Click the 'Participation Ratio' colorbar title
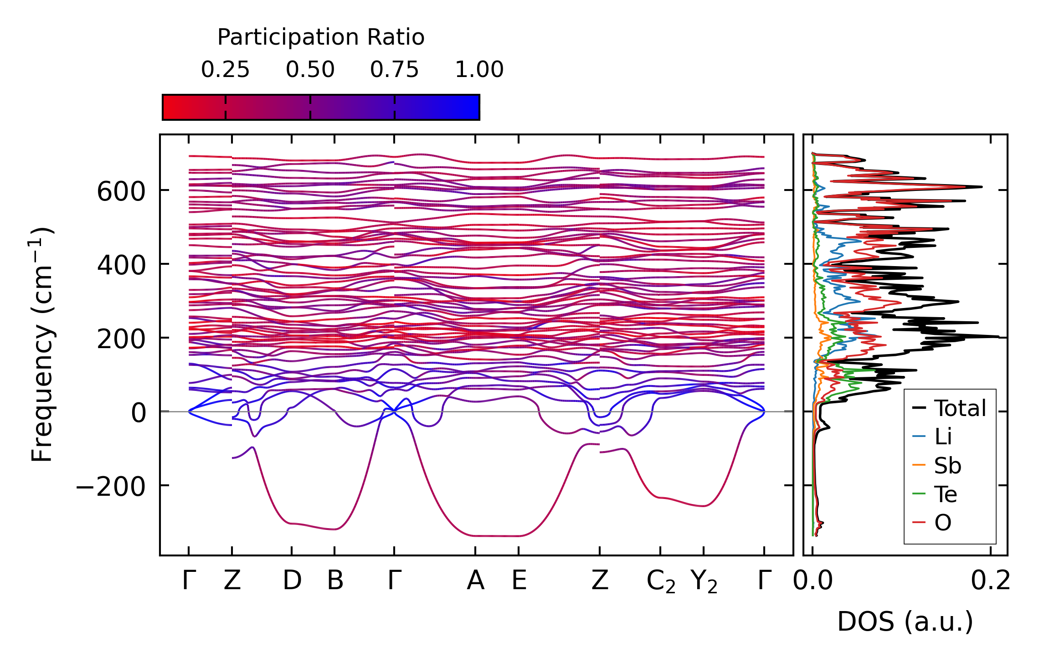pos(321,37)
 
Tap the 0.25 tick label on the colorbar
pos(225,70)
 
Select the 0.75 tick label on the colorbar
pos(394,70)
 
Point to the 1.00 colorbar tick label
pos(479,70)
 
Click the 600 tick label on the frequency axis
pos(121,191)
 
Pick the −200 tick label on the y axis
pos(111,487)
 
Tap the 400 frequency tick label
pos(121,265)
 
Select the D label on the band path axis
pos(292,581)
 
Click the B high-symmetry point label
pos(335,581)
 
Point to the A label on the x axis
pos(475,581)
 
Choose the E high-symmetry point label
pos(519,581)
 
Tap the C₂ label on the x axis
pos(661,582)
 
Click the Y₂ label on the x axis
pos(704,582)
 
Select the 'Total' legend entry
pos(960,408)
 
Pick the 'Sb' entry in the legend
pos(947,466)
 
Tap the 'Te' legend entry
pos(945,494)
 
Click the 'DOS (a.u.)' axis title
pos(905,622)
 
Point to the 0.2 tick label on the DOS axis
pos(991,581)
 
